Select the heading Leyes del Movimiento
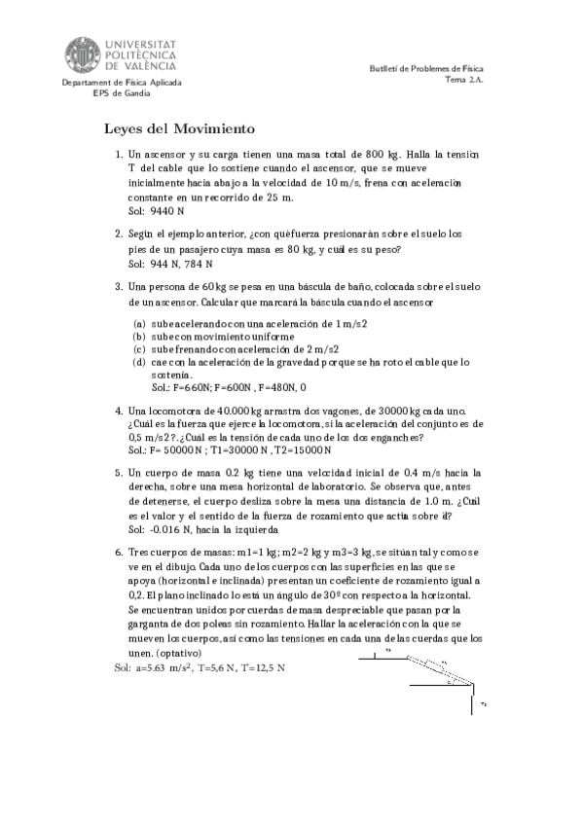coord(179,129)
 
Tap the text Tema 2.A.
coord(463,81)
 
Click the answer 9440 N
coord(165,210)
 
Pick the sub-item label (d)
coord(140,362)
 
